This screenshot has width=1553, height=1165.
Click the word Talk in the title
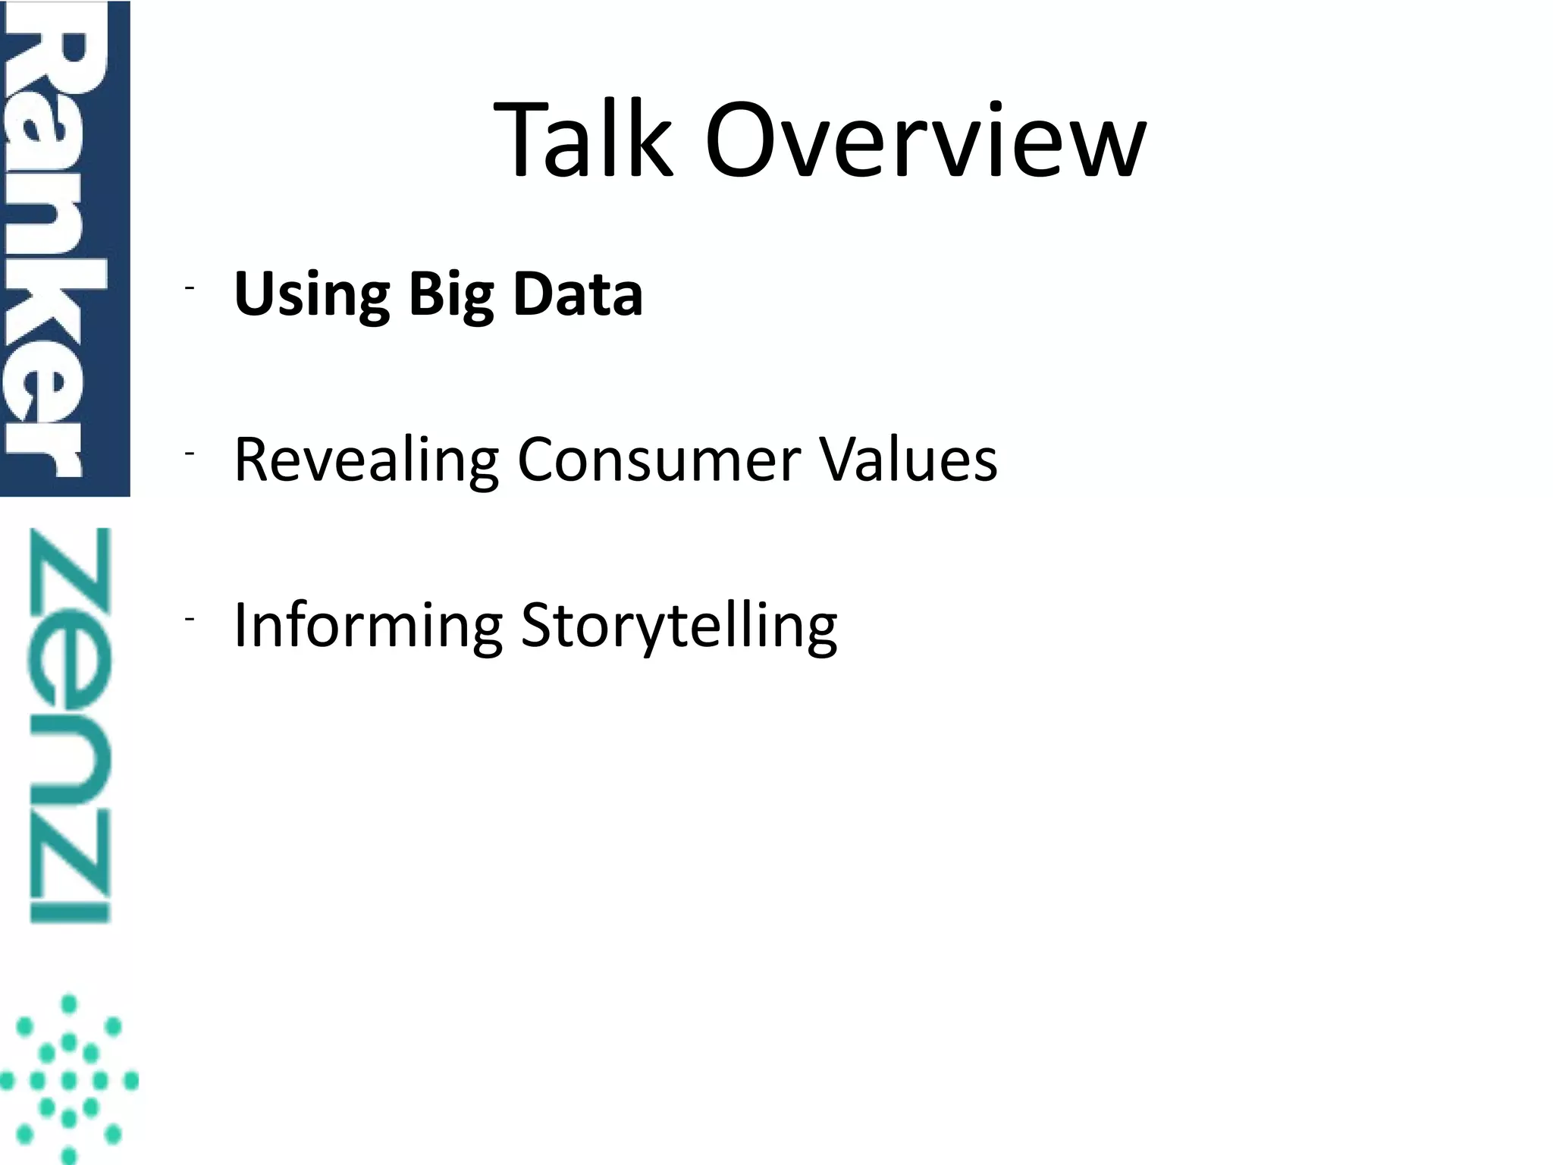pos(583,140)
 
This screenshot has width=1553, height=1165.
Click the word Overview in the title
pos(925,140)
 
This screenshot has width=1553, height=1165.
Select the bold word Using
pos(312,294)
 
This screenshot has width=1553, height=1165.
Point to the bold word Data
pos(578,294)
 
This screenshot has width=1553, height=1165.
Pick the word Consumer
pos(658,460)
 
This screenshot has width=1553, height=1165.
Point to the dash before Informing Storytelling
pos(189,619)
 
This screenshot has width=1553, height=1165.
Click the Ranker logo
pos(64,249)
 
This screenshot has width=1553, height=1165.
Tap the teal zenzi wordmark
pos(70,725)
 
